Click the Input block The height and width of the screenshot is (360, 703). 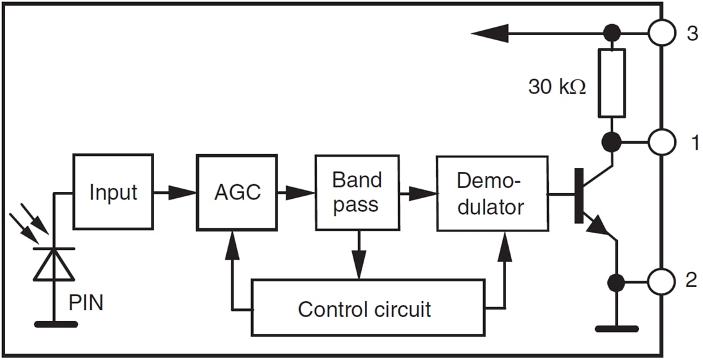click(113, 192)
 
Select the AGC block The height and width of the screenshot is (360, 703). click(237, 192)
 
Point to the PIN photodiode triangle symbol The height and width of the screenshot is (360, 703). click(54, 265)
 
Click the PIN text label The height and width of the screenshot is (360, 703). click(86, 302)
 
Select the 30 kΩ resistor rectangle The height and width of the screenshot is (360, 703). click(612, 84)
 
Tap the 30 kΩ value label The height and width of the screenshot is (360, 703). click(557, 86)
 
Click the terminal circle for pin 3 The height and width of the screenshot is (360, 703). click(661, 33)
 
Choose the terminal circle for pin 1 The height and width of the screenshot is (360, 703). click(661, 143)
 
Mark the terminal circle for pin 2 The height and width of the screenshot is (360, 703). click(661, 281)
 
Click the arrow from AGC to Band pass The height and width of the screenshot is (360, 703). click(300, 192)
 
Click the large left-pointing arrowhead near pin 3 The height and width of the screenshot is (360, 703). click(490, 33)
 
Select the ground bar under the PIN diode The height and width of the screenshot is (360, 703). click(56, 324)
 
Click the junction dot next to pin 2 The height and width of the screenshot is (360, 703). click(616, 281)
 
